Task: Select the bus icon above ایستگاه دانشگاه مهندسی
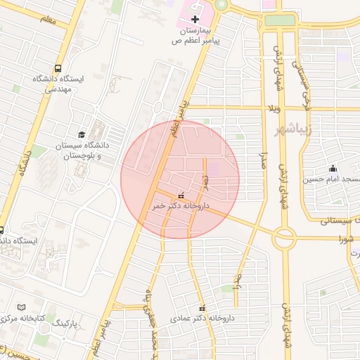click(x=57, y=69)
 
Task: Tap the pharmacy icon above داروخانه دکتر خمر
click(x=181, y=195)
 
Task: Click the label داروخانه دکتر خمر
click(x=181, y=206)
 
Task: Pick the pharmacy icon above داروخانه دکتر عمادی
click(x=202, y=308)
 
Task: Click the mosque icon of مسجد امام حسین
click(x=332, y=168)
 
